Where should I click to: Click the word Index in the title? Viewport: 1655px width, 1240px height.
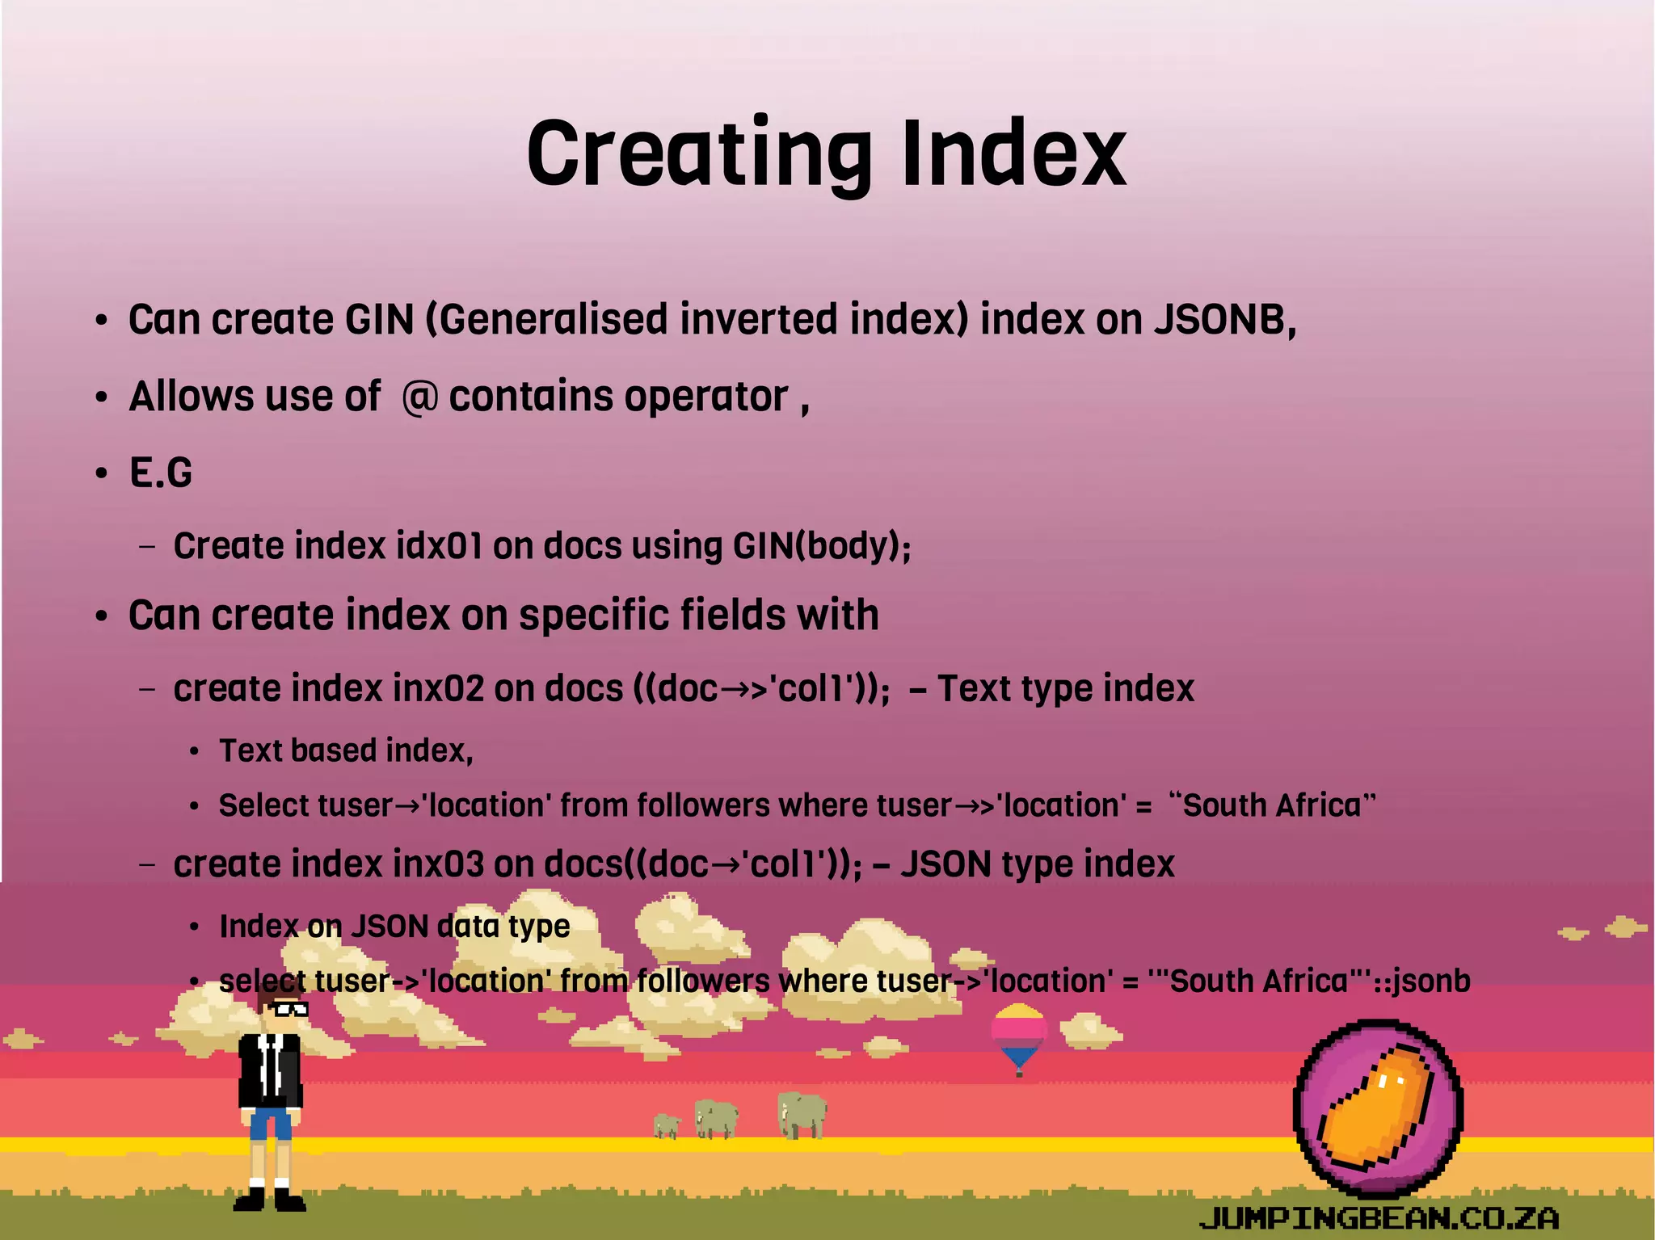1013,153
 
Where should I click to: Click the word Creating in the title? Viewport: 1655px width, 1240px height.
699,153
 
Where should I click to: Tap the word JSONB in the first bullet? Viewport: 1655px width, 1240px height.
1223,320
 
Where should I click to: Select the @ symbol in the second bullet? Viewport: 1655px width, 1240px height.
419,397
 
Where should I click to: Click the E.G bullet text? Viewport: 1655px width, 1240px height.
161,473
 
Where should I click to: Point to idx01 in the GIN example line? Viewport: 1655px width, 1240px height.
440,546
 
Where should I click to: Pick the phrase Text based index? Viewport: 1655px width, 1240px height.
346,751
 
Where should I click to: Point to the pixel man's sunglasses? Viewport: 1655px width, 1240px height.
288,1009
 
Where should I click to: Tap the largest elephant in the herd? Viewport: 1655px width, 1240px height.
802,1115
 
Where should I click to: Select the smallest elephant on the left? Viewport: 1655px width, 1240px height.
667,1124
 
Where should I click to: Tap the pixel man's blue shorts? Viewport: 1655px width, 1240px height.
270,1123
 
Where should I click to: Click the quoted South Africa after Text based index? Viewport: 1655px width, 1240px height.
1272,806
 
